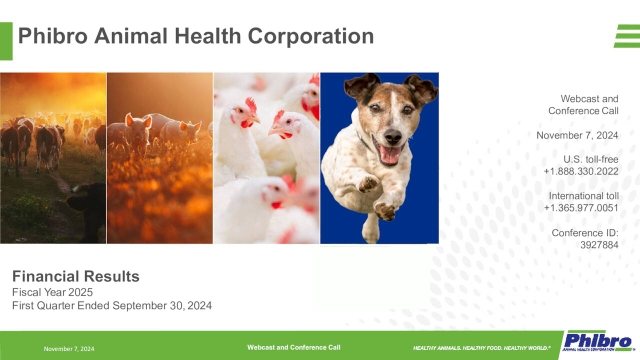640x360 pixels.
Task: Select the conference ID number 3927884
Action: tap(599, 242)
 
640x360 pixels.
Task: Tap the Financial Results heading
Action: tap(75, 275)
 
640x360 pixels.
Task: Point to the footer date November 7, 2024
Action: tap(69, 348)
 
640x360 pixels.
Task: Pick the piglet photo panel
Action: tap(160, 157)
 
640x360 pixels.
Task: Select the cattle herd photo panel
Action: tap(53, 157)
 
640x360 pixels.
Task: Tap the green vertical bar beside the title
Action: tap(6, 37)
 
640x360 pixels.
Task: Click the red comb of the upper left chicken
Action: tap(250, 103)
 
